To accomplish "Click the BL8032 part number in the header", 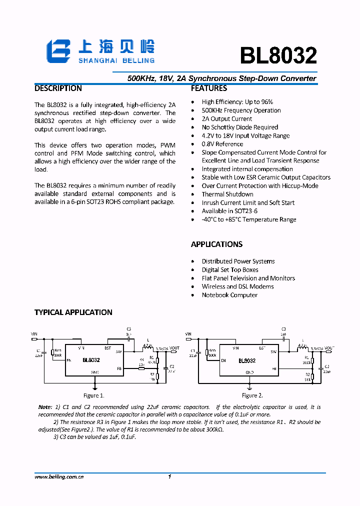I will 278,56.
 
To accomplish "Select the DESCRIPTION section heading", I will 58,88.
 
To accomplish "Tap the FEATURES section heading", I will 209,88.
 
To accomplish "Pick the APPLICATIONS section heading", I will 216,244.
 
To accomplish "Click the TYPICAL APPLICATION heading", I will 73,312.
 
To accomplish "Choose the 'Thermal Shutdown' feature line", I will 227,194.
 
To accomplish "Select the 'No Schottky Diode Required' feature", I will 239,127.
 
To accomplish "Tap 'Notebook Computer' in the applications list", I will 229,295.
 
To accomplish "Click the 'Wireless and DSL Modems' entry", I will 237,286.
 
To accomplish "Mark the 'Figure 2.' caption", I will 252,395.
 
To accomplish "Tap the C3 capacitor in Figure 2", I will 283,338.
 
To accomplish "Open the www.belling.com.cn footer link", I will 59,477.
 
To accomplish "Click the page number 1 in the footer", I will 170,477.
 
